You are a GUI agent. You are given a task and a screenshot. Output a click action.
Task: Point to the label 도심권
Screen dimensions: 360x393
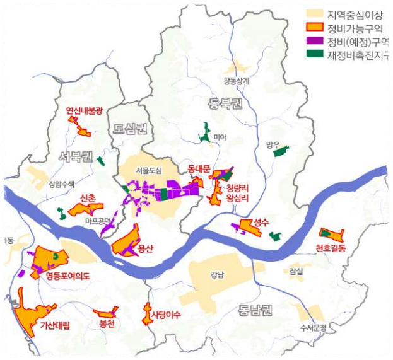pos(131,129)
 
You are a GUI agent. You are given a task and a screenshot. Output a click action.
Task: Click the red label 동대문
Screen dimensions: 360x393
pos(202,169)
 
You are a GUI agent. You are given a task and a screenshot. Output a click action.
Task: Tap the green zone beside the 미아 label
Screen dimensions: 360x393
pos(204,132)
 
